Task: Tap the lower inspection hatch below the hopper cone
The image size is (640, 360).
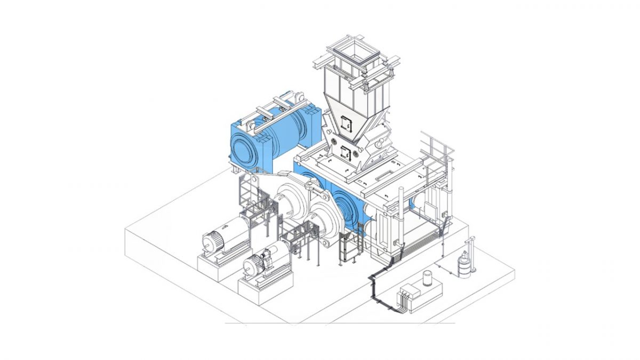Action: click(345, 153)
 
